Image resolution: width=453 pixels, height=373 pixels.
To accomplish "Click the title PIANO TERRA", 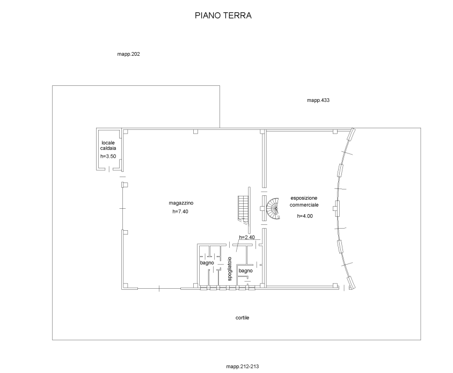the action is pyautogui.click(x=223, y=16).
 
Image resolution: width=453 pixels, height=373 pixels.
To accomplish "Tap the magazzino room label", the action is pyautogui.click(x=181, y=203).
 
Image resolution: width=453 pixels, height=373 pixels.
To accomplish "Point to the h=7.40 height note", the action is pyautogui.click(x=181, y=211).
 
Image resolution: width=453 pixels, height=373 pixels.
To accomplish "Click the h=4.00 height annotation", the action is pyautogui.click(x=305, y=216).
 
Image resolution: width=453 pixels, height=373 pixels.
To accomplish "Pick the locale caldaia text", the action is pyautogui.click(x=109, y=145).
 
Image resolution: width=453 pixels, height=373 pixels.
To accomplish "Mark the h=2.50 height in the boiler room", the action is pyautogui.click(x=108, y=156).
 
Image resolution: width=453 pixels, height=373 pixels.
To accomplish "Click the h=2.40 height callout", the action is pyautogui.click(x=246, y=237).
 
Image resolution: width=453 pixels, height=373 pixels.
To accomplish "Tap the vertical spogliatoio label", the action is pyautogui.click(x=229, y=269).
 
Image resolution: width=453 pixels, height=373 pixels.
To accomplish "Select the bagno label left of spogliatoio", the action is pyautogui.click(x=207, y=263).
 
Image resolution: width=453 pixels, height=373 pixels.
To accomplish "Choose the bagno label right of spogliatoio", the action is pyautogui.click(x=245, y=271).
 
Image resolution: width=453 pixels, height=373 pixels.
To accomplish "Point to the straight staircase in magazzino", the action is pyautogui.click(x=243, y=208).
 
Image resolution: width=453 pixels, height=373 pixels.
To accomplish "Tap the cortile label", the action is pyautogui.click(x=242, y=318).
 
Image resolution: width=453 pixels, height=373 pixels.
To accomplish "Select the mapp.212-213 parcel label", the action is pyautogui.click(x=243, y=367).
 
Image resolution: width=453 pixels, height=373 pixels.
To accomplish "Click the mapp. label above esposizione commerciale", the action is pyautogui.click(x=318, y=100).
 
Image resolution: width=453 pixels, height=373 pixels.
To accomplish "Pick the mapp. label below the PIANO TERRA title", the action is pyautogui.click(x=128, y=54).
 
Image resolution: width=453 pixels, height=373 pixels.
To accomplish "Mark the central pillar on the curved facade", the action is pyautogui.click(x=337, y=207).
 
